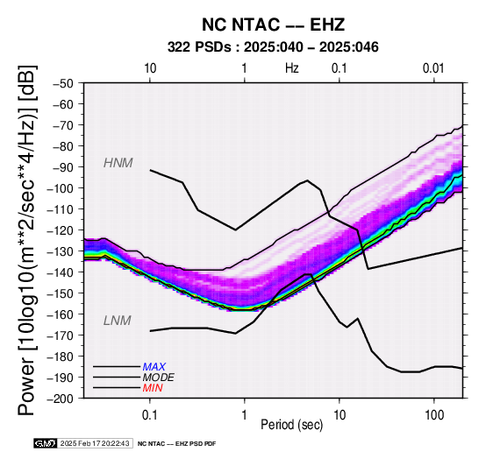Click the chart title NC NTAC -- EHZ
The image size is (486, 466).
click(x=273, y=25)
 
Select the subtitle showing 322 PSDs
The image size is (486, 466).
click(x=273, y=47)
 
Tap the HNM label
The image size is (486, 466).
click(x=118, y=163)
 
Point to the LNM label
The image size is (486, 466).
click(x=118, y=321)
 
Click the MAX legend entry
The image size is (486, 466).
click(x=154, y=367)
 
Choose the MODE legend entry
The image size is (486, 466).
click(x=159, y=378)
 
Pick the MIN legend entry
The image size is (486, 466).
click(x=153, y=388)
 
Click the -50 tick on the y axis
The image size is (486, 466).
click(x=63, y=83)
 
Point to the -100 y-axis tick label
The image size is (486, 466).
click(x=61, y=188)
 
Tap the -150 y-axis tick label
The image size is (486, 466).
click(x=61, y=293)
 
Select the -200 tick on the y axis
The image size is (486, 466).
click(x=61, y=399)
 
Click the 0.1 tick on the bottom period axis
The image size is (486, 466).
click(x=150, y=415)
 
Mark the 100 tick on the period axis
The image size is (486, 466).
click(x=434, y=415)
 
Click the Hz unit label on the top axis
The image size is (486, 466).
click(x=292, y=68)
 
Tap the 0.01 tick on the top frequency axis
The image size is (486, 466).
click(x=434, y=68)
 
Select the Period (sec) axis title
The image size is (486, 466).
click(x=291, y=425)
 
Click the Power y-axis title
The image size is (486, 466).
click(x=27, y=240)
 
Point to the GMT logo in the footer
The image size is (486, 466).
click(x=46, y=443)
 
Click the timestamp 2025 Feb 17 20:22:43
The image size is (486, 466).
click(x=95, y=443)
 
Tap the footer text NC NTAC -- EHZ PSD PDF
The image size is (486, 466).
click(x=176, y=444)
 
